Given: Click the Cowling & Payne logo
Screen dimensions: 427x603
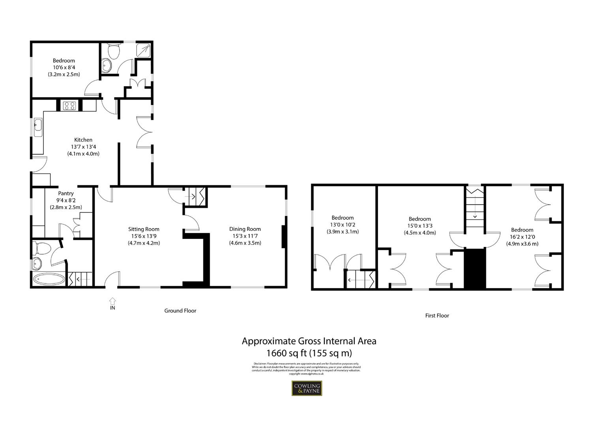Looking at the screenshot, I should click(306, 388).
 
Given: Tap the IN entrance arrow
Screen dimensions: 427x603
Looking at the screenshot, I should click(113, 302).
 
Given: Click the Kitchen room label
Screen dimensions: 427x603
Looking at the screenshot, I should click(83, 140).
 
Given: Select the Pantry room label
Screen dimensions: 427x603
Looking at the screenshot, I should click(66, 193).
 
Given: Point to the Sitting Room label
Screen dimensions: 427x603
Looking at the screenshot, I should click(144, 229).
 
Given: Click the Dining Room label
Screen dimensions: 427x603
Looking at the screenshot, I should click(245, 229).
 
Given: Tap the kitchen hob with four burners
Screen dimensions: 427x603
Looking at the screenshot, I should click(70, 106).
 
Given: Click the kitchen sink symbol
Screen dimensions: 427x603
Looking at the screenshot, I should click(38, 127).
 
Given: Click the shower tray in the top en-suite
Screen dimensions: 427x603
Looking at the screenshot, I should click(143, 50).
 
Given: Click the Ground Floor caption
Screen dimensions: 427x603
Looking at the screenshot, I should click(180, 311).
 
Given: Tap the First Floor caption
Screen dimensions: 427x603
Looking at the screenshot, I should click(437, 316).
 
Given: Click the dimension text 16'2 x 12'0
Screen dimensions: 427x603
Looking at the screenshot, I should click(522, 237).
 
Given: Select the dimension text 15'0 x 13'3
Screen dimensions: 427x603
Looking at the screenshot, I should click(419, 226).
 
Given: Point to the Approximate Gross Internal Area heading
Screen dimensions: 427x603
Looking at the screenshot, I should click(309, 341).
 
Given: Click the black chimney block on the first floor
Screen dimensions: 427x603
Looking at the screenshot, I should click(474, 269).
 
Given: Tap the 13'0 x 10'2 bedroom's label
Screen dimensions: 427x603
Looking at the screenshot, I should click(342, 218).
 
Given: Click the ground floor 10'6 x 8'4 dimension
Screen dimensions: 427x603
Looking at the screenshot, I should click(64, 67).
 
